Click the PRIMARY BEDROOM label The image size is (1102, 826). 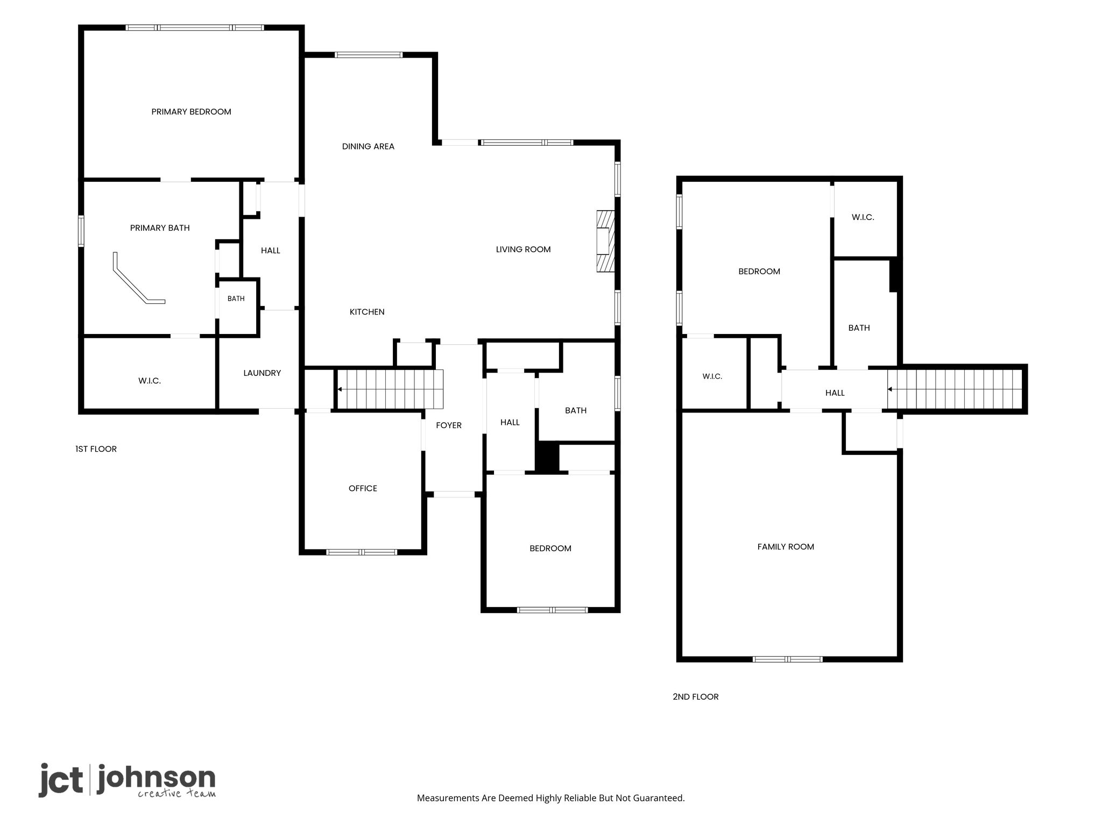coord(191,112)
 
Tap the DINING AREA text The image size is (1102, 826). coord(368,146)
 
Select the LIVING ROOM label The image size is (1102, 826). coord(523,250)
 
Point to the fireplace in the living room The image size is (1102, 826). coord(605,241)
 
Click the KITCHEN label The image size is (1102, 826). coord(367,312)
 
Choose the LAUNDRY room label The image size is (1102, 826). coord(262,373)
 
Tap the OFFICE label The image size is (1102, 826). coord(363,488)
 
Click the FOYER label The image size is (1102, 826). coord(449,425)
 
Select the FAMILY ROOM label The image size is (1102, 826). coord(786,547)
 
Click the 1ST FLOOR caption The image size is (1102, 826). coord(96,449)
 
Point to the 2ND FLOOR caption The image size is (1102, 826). coord(695,697)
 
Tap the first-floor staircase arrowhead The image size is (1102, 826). coord(340,389)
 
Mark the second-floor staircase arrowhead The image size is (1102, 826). coord(890,389)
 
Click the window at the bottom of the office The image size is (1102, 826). coord(362,552)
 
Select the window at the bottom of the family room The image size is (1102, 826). coord(787,659)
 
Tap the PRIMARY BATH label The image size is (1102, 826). coord(160,228)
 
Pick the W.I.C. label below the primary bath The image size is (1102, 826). coord(150,381)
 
